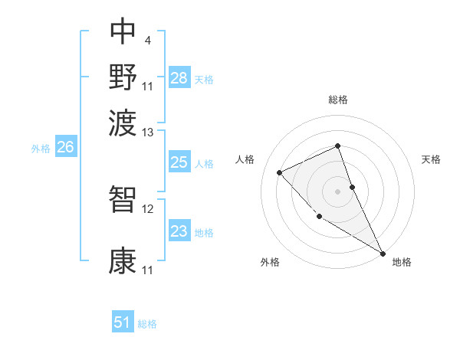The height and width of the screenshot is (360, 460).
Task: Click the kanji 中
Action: [123, 31]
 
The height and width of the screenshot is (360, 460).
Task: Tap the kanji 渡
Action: [123, 119]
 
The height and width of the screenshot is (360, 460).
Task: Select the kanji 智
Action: [123, 198]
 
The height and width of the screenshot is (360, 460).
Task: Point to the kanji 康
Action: [123, 260]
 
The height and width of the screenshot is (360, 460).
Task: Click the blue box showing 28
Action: [179, 78]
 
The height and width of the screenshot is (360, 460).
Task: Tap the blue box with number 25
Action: [179, 162]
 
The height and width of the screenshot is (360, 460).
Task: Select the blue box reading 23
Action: [179, 232]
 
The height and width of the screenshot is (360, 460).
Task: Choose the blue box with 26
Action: [65, 148]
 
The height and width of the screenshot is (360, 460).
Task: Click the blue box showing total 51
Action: [123, 322]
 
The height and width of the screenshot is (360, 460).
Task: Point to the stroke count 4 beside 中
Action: [147, 38]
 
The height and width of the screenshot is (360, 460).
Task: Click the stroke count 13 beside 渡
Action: [148, 133]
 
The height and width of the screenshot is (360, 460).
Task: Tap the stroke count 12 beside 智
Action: [148, 208]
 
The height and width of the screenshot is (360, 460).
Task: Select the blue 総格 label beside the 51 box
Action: [147, 324]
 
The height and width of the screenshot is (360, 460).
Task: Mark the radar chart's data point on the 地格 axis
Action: [383, 253]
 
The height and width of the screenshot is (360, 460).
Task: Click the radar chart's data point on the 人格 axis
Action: [280, 172]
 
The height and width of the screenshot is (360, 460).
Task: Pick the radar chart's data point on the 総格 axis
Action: [337, 146]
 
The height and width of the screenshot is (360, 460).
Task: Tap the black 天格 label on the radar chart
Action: [431, 159]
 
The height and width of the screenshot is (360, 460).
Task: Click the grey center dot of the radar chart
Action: [337, 191]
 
